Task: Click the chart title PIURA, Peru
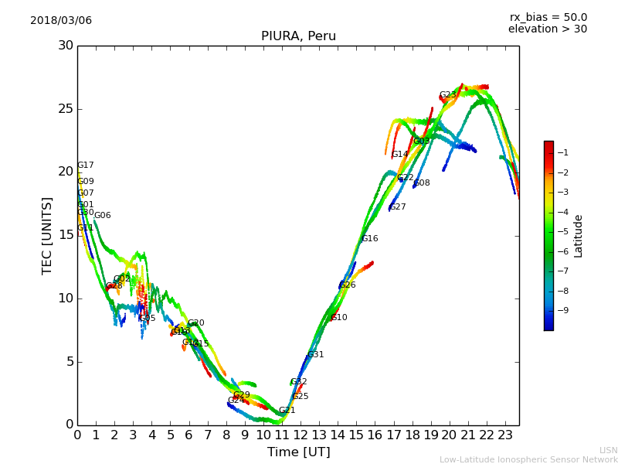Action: coord(298,36)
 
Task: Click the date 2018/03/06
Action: coord(61,20)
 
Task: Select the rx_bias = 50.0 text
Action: coord(548,17)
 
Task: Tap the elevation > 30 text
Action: coord(548,29)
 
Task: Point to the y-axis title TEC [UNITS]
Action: coord(47,236)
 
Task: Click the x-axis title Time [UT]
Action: coord(298,452)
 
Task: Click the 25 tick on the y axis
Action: coord(65,109)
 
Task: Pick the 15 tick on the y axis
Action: coord(65,235)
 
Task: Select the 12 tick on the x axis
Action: coord(301,435)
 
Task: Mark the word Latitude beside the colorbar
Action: coord(579,236)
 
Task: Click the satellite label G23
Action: coord(447,95)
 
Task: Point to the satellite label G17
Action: coord(85,165)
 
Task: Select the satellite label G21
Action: coord(287,411)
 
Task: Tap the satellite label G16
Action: coord(370,239)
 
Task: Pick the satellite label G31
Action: coord(316,355)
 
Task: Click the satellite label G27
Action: coord(398,207)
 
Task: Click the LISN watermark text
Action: coord(608,450)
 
